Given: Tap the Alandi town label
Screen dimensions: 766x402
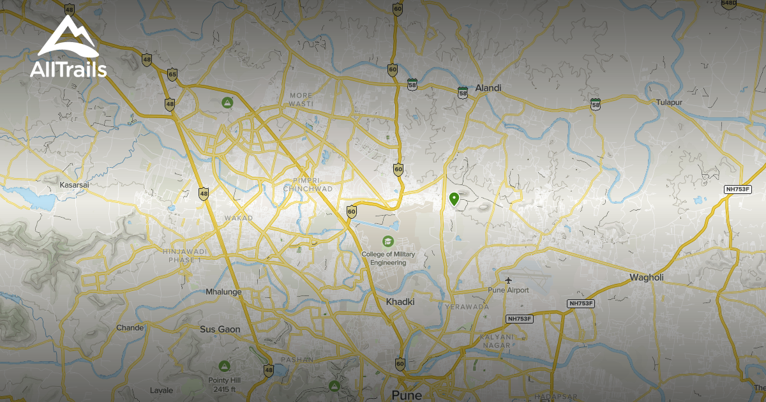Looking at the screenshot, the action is point(488,88).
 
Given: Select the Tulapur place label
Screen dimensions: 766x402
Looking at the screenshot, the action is point(670,102).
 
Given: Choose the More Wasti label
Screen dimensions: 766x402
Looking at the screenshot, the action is point(301,99).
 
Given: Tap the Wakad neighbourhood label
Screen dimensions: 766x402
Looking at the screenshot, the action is point(238,218).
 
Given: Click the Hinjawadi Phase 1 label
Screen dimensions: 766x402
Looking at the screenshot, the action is point(182,256).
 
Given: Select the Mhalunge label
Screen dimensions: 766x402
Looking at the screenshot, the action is point(223,292).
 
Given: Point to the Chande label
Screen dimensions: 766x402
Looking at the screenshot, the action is point(130,327).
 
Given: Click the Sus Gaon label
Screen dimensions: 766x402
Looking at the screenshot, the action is point(220,329).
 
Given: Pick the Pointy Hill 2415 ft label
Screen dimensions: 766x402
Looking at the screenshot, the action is point(224,385).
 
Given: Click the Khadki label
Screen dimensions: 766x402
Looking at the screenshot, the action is point(400,301).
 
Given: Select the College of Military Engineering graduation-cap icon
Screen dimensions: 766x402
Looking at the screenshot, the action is point(387,241).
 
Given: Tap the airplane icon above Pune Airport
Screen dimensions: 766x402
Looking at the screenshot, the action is point(509,280).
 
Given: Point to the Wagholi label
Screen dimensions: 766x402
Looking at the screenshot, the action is point(647,277).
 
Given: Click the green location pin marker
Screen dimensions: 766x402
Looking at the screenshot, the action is point(454,199).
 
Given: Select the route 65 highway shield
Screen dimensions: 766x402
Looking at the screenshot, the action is point(172,74).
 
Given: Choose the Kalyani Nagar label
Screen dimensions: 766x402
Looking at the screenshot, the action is point(492,341).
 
